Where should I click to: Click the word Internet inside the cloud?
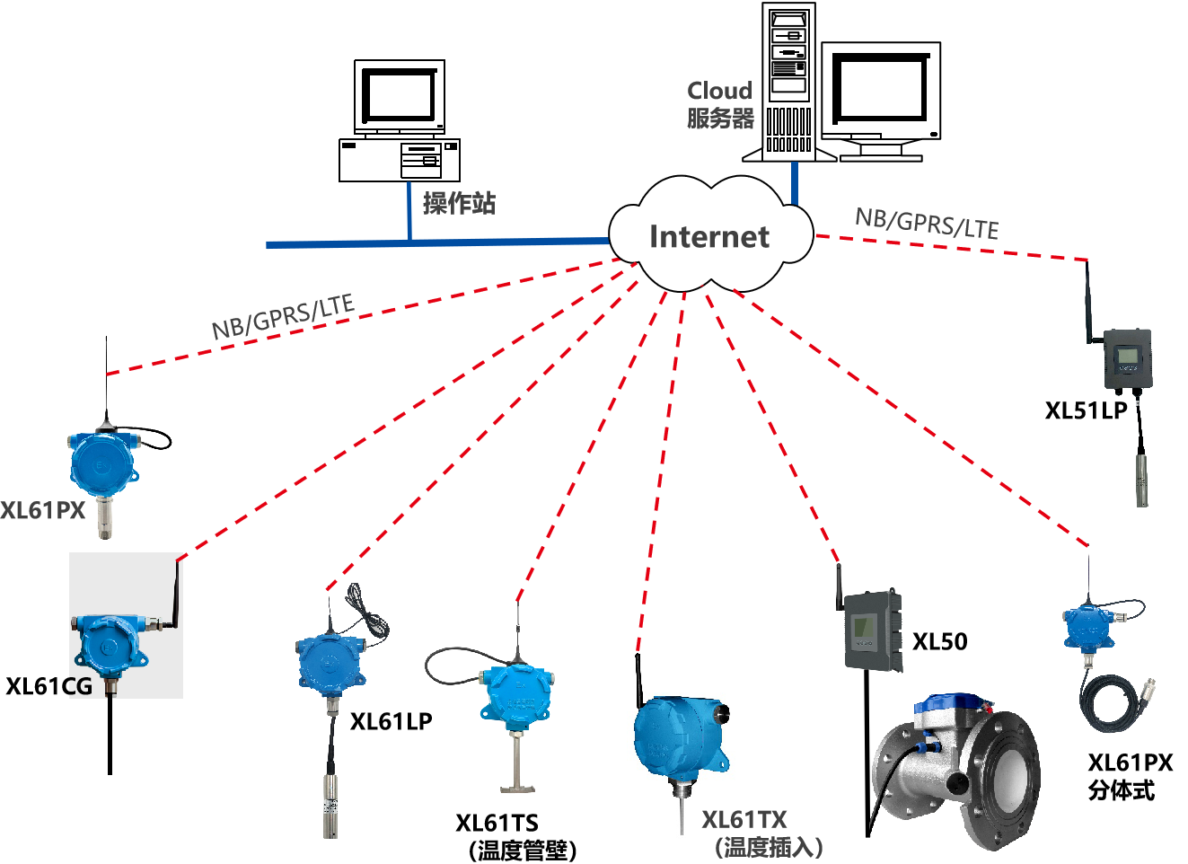(x=709, y=237)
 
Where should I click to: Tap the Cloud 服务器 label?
(x=720, y=105)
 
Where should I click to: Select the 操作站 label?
(x=459, y=204)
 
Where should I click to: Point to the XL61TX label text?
(x=744, y=820)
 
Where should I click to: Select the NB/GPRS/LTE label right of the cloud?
(x=927, y=223)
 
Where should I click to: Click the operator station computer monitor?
(x=400, y=97)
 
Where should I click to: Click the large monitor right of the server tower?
(x=881, y=93)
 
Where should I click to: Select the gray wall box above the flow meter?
(x=872, y=630)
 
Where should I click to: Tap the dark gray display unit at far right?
(x=1127, y=359)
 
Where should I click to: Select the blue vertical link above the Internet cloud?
(x=795, y=183)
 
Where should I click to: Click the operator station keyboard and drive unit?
(x=400, y=160)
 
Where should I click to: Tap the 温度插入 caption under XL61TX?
(x=769, y=847)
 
